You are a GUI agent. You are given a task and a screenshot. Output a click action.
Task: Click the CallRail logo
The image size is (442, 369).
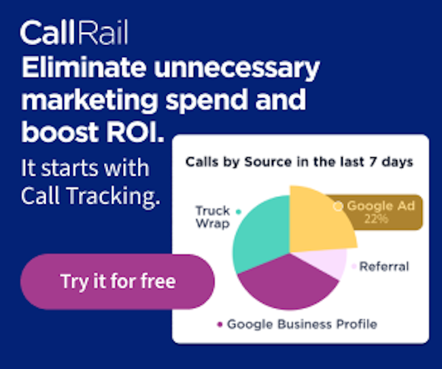click(x=74, y=32)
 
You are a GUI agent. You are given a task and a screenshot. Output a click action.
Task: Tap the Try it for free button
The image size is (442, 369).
click(x=118, y=281)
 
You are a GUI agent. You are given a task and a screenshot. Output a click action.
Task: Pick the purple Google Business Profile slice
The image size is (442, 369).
click(x=285, y=285)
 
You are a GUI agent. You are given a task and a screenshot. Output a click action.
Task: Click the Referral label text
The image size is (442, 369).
click(x=384, y=266)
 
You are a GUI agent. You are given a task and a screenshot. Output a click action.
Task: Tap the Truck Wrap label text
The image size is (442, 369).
click(x=213, y=216)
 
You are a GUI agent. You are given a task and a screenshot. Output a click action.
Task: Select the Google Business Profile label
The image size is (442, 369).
click(x=302, y=324)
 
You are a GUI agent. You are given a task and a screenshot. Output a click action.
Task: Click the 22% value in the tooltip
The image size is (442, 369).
click(x=376, y=219)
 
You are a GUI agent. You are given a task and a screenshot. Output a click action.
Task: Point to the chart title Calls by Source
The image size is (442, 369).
click(x=299, y=162)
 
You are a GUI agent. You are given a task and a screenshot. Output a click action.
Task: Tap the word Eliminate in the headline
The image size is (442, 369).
click(x=84, y=67)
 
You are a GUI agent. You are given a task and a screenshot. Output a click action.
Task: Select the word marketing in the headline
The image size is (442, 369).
click(x=90, y=101)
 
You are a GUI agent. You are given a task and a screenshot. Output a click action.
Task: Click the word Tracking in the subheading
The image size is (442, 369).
click(x=114, y=196)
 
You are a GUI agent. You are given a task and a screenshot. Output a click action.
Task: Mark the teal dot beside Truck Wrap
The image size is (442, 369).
click(x=239, y=212)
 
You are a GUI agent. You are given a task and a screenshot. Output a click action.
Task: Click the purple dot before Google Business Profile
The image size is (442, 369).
click(x=220, y=324)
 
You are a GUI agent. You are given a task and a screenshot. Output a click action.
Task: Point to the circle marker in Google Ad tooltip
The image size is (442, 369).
click(x=338, y=206)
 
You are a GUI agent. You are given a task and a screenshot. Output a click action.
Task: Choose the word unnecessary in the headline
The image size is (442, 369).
click(x=237, y=69)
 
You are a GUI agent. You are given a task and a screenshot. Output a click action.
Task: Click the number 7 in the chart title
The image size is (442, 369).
click(x=373, y=162)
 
